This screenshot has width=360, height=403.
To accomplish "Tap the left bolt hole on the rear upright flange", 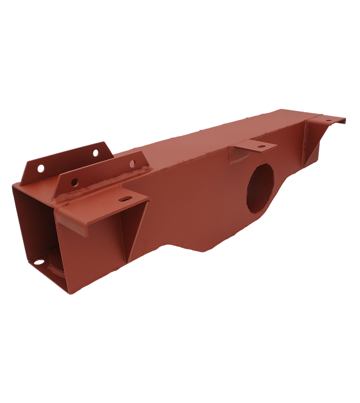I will point(41,168).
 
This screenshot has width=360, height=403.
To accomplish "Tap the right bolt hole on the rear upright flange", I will point(95,153).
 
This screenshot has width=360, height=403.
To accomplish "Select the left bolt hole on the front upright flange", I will point(74,182).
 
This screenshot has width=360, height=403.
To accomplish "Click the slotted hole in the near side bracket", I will point(125,200).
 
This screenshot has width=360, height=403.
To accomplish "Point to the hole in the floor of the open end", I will point(39,262).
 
